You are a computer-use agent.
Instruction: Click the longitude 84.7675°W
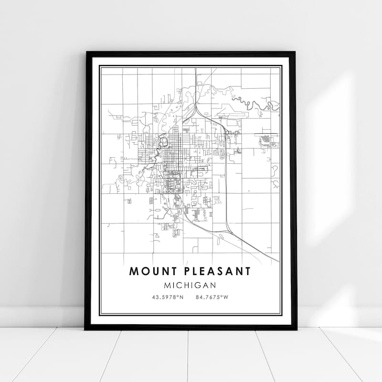212,297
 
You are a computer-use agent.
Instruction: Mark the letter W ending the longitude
227,297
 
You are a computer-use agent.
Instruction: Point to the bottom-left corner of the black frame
85,329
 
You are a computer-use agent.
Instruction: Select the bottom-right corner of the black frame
296,329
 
